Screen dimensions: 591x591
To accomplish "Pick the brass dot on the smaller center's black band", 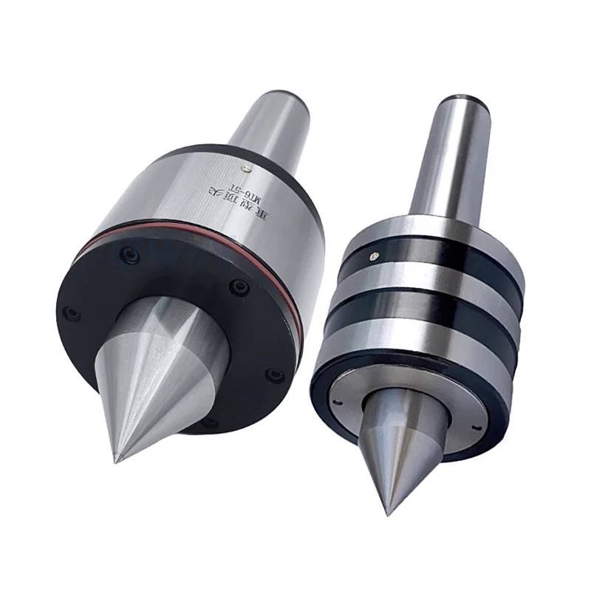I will click(375, 255).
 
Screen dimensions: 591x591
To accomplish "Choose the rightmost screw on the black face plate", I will click(274, 375).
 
